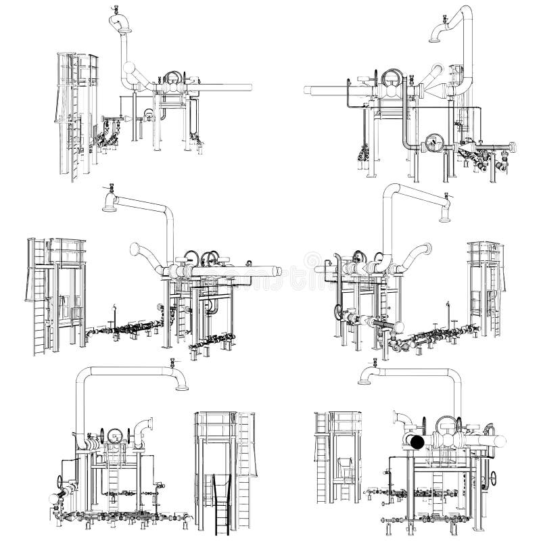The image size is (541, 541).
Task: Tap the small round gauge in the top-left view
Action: coord(146,114)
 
